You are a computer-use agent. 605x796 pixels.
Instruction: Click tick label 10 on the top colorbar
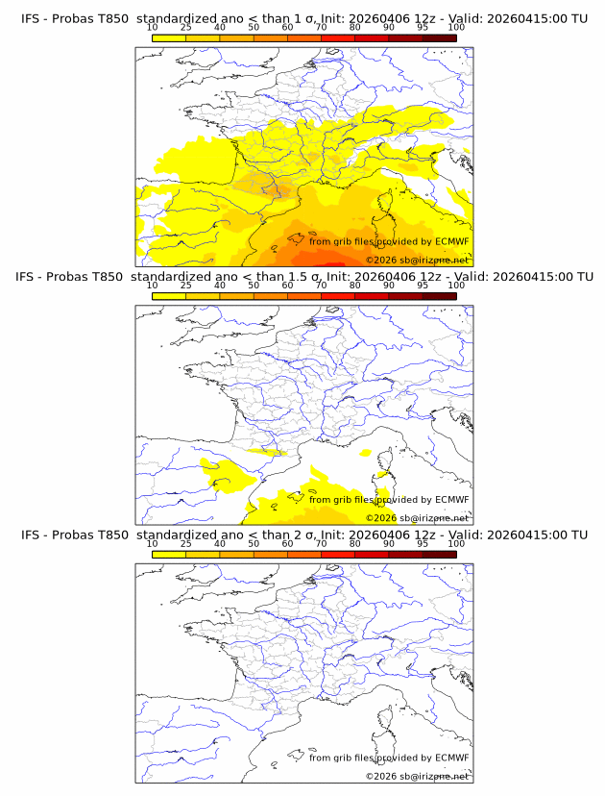[153, 28]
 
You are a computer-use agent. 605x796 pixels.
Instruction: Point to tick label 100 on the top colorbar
[456, 28]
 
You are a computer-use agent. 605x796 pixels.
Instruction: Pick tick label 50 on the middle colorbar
[254, 286]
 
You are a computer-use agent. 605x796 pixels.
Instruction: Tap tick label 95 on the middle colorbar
[423, 286]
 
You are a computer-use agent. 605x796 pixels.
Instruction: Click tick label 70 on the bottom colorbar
[321, 543]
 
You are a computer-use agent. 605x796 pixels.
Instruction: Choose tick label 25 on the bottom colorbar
[186, 543]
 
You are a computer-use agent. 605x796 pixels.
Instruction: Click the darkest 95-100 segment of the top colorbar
[439, 38]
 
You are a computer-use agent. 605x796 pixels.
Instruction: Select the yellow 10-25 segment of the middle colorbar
[169, 296]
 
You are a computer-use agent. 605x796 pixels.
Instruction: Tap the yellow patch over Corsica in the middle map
[383, 474]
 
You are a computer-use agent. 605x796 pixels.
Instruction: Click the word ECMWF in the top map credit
[451, 242]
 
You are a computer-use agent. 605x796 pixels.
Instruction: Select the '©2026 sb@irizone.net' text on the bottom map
[417, 776]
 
